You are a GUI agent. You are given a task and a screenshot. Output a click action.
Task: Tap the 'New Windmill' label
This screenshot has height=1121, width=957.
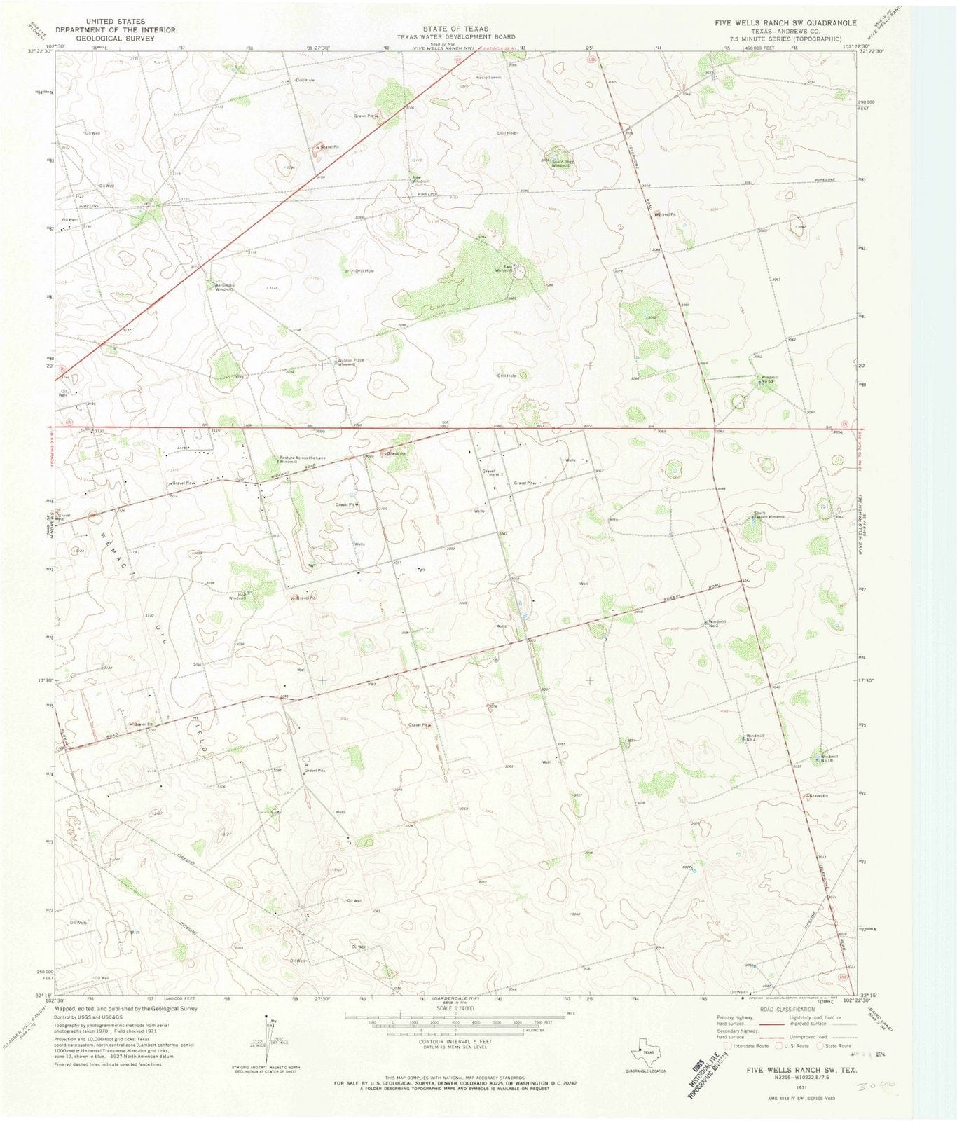tap(420, 179)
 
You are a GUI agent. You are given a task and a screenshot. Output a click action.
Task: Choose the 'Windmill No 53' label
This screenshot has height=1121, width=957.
tap(769, 379)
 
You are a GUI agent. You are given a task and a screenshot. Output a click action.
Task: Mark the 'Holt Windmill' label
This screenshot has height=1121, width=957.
tap(237, 596)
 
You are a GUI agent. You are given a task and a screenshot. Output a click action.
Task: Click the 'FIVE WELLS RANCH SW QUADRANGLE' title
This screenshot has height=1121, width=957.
tap(785, 23)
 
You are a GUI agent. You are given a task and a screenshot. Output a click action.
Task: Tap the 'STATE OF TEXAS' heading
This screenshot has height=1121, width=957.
tap(455, 29)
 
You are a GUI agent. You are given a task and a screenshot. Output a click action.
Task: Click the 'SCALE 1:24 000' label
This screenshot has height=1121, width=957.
tap(455, 1008)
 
